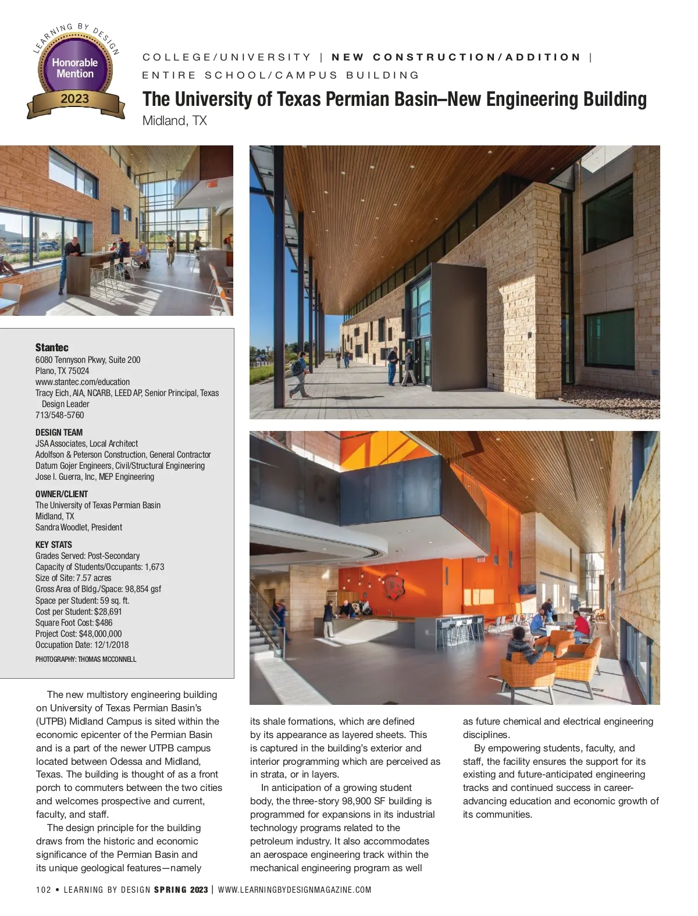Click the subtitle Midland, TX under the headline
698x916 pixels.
(174, 121)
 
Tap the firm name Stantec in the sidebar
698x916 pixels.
(52, 347)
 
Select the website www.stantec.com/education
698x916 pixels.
(83, 382)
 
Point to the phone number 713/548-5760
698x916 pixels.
(59, 415)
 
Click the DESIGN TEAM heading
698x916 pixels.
(59, 432)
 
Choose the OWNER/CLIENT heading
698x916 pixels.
(62, 494)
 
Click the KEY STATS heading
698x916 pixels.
(54, 544)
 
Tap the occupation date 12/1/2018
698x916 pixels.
(110, 645)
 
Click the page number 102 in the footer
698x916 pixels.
(43, 890)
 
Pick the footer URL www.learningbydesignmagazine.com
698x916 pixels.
(294, 890)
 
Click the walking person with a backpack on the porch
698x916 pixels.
(300, 374)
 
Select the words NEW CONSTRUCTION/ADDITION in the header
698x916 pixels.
(456, 57)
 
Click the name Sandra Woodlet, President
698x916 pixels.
(79, 527)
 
